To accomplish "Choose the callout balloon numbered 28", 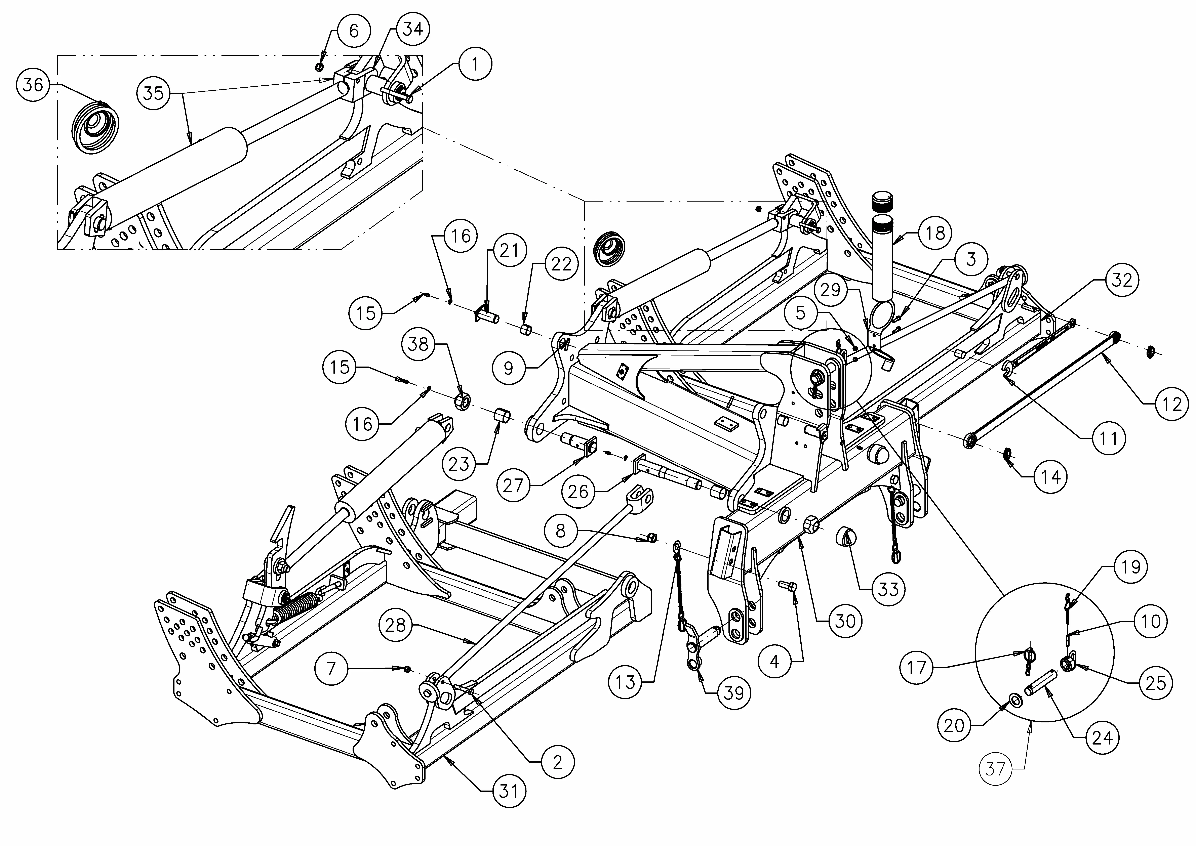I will [396, 625].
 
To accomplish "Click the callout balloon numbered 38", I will [418, 344].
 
